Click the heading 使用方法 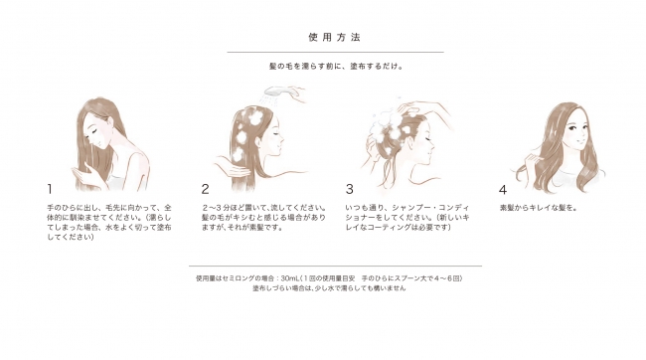click(x=335, y=37)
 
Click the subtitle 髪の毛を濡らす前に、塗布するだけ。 click(x=336, y=66)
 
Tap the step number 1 click(x=50, y=189)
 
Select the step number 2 click(x=205, y=189)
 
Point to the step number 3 click(x=350, y=189)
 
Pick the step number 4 click(x=503, y=190)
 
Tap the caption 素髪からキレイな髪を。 click(x=539, y=208)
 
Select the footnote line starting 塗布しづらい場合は click(x=329, y=288)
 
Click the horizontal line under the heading click(x=335, y=53)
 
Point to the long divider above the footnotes click(x=335, y=266)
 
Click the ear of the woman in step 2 click(x=259, y=141)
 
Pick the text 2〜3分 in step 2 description click(x=215, y=208)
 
